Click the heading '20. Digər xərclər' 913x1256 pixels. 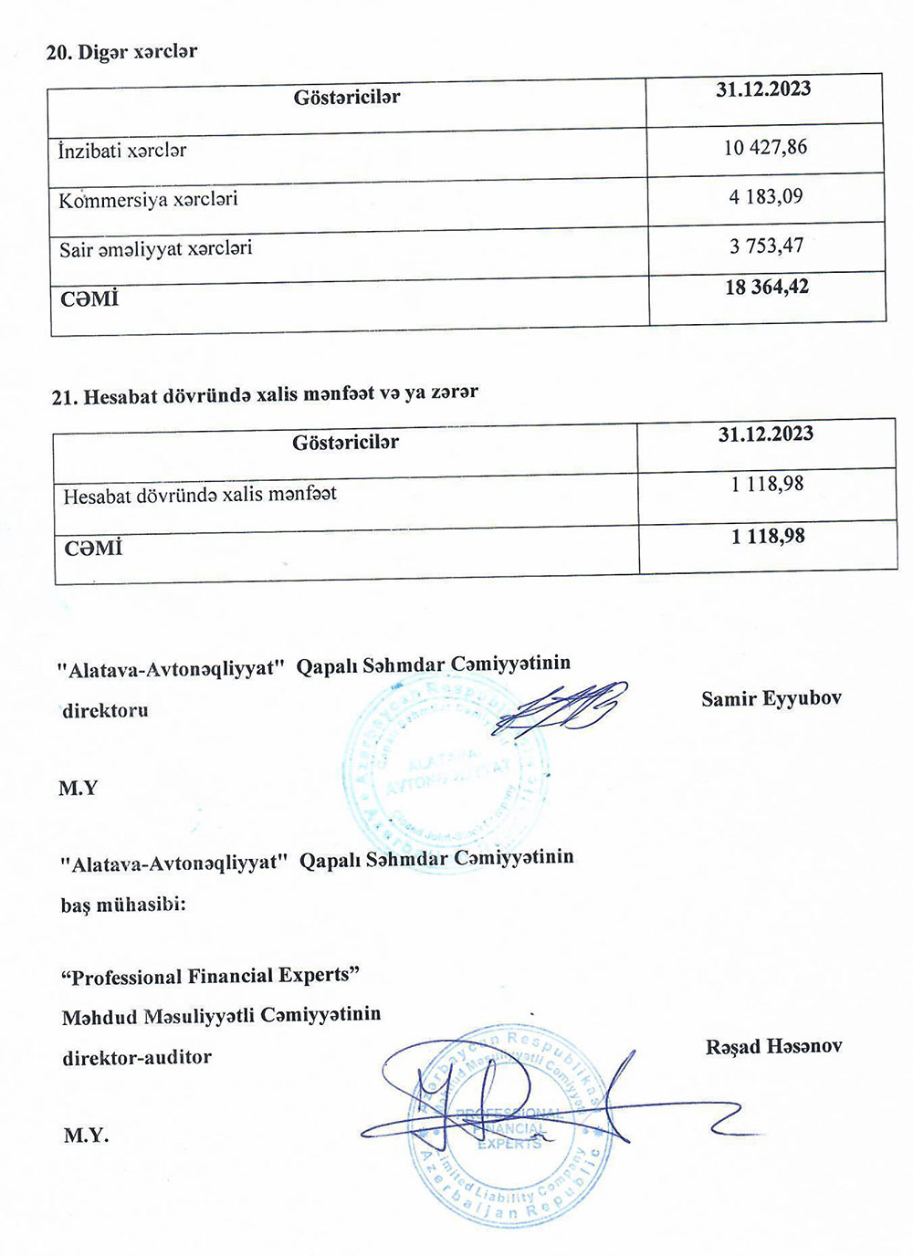click(x=121, y=52)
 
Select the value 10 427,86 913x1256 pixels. click(x=765, y=147)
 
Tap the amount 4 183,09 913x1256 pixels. click(x=765, y=196)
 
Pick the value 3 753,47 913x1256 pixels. click(x=766, y=246)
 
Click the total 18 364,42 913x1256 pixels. click(x=766, y=288)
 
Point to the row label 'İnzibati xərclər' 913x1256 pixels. click(x=122, y=151)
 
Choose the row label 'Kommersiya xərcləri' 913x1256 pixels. click(x=148, y=199)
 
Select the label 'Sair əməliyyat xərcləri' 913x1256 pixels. click(x=155, y=248)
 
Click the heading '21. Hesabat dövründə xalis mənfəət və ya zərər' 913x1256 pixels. click(x=265, y=394)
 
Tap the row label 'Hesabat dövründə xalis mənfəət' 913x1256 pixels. click(x=199, y=495)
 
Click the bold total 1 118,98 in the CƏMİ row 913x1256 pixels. click(x=767, y=537)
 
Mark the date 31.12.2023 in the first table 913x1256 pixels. click(x=763, y=89)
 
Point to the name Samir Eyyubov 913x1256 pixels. click(x=771, y=699)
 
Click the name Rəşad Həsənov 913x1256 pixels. click(x=772, y=1047)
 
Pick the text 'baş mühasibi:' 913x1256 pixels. click(x=123, y=905)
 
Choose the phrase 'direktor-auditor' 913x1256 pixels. click(x=136, y=1058)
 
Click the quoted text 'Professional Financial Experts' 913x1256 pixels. click(x=209, y=977)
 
